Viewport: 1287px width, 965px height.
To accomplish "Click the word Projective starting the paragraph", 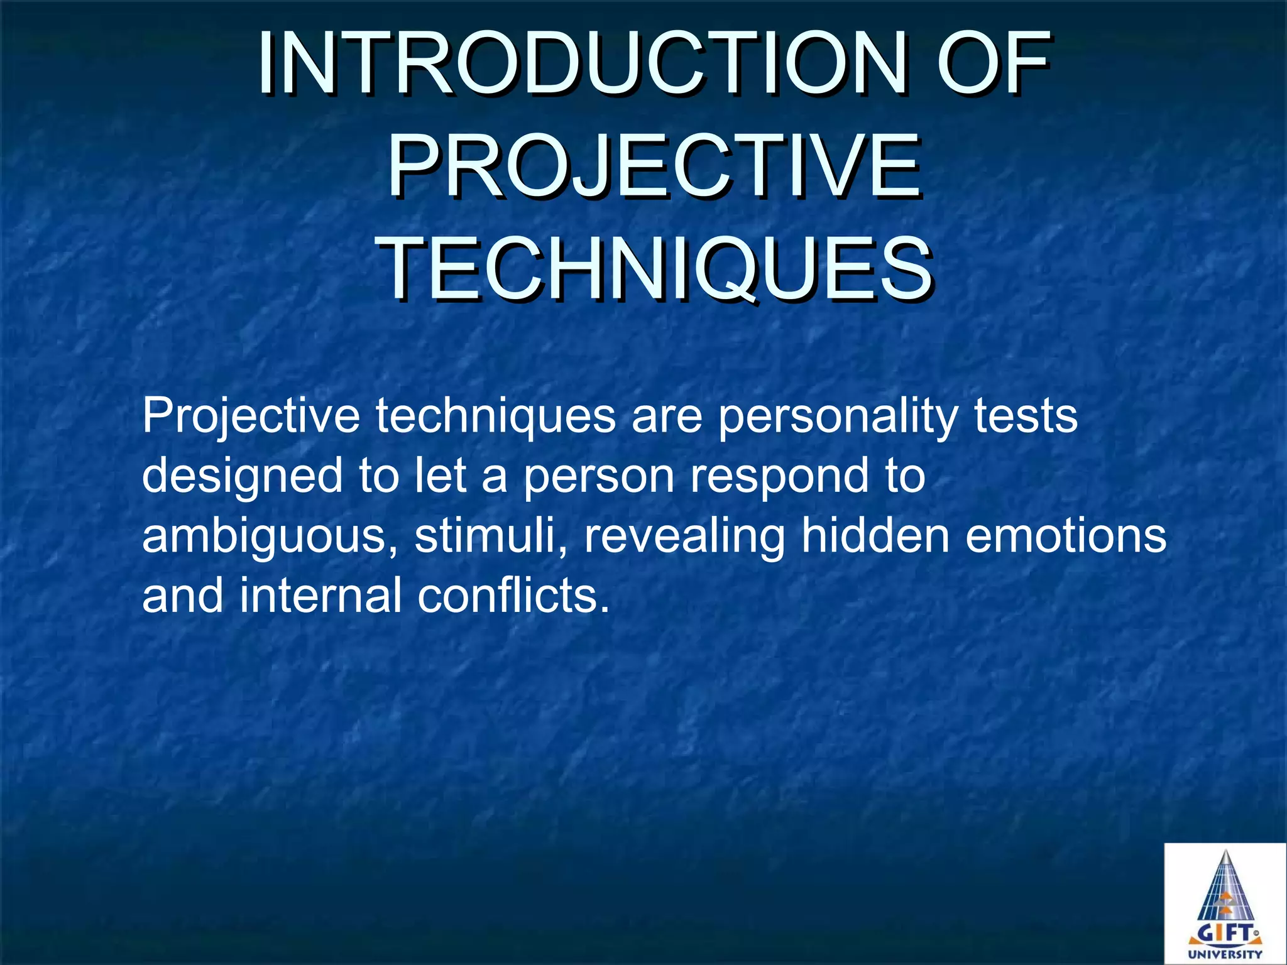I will (251, 417).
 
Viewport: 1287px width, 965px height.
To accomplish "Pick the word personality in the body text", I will (837, 417).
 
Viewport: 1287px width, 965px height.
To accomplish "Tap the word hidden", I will (874, 535).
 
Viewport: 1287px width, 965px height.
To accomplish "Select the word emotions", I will (1066, 535).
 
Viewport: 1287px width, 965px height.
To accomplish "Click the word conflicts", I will (512, 596).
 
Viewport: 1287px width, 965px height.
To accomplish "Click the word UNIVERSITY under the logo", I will (1225, 954).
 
